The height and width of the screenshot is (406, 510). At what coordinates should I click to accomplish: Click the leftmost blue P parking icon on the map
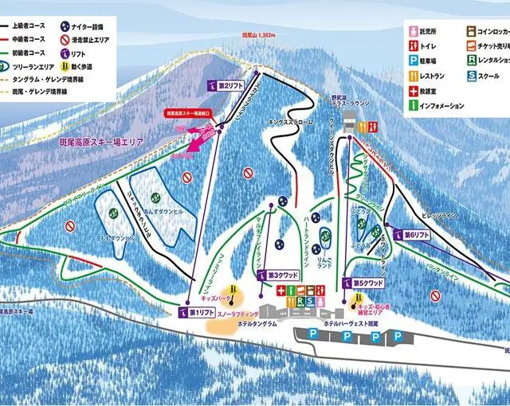(x=312, y=335)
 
